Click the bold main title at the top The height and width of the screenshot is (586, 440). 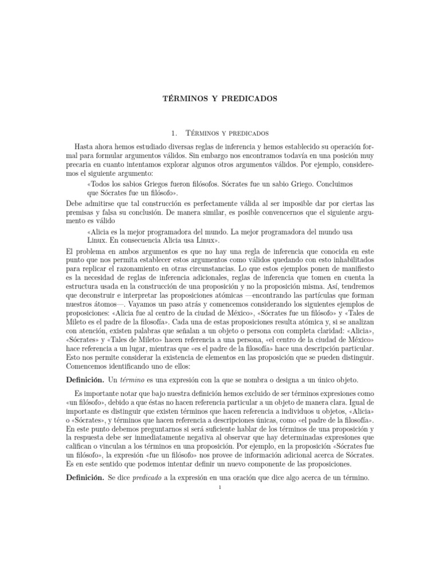click(x=221, y=98)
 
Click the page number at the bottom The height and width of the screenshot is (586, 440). click(x=220, y=488)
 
